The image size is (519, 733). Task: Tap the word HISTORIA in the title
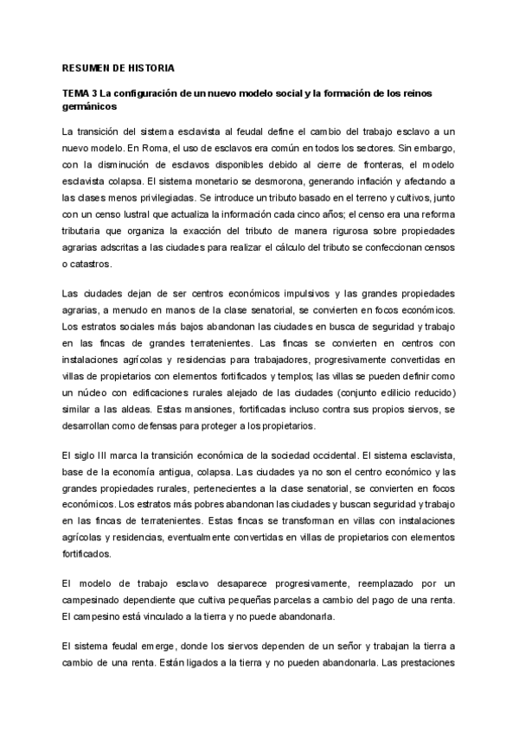[x=149, y=67]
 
